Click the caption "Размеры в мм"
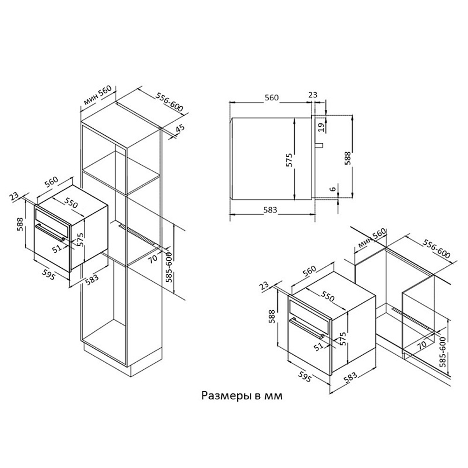tap(242, 395)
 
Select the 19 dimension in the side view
tap(321, 127)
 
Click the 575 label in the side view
tap(289, 160)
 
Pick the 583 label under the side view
tap(270, 210)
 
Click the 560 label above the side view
tap(271, 98)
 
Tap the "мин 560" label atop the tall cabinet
tap(98, 95)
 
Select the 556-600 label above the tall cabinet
tap(169, 102)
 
